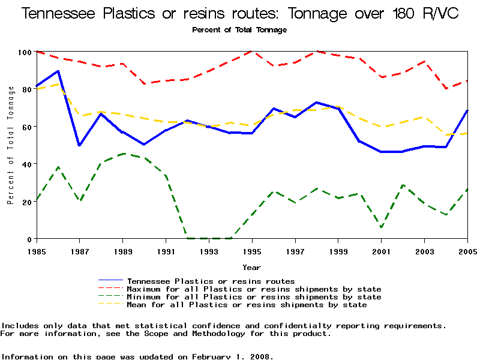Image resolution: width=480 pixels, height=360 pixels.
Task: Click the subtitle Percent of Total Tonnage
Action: click(239, 29)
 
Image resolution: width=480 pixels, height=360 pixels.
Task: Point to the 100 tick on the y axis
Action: click(24, 52)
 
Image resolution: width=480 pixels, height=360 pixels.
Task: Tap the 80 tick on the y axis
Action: click(26, 89)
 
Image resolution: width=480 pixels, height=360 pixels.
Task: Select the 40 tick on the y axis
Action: click(26, 164)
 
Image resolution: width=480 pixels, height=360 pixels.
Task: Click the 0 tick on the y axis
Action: click(29, 239)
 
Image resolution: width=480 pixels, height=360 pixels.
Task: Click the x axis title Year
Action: click(251, 267)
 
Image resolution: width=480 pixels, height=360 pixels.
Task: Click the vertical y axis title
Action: click(11, 145)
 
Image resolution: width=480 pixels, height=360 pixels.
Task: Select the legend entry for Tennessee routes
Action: click(211, 281)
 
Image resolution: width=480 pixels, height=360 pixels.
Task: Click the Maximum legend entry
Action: click(254, 289)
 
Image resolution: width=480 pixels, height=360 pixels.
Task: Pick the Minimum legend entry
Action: click(254, 296)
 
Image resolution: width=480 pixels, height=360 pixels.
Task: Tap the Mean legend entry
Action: click(247, 304)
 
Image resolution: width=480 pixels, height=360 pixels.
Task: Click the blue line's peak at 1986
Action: click(58, 71)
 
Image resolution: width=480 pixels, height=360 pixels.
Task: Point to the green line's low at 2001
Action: click(382, 227)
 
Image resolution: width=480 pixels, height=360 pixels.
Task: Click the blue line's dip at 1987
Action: click(79, 146)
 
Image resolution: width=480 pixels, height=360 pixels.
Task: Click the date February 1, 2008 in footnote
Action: click(231, 356)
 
